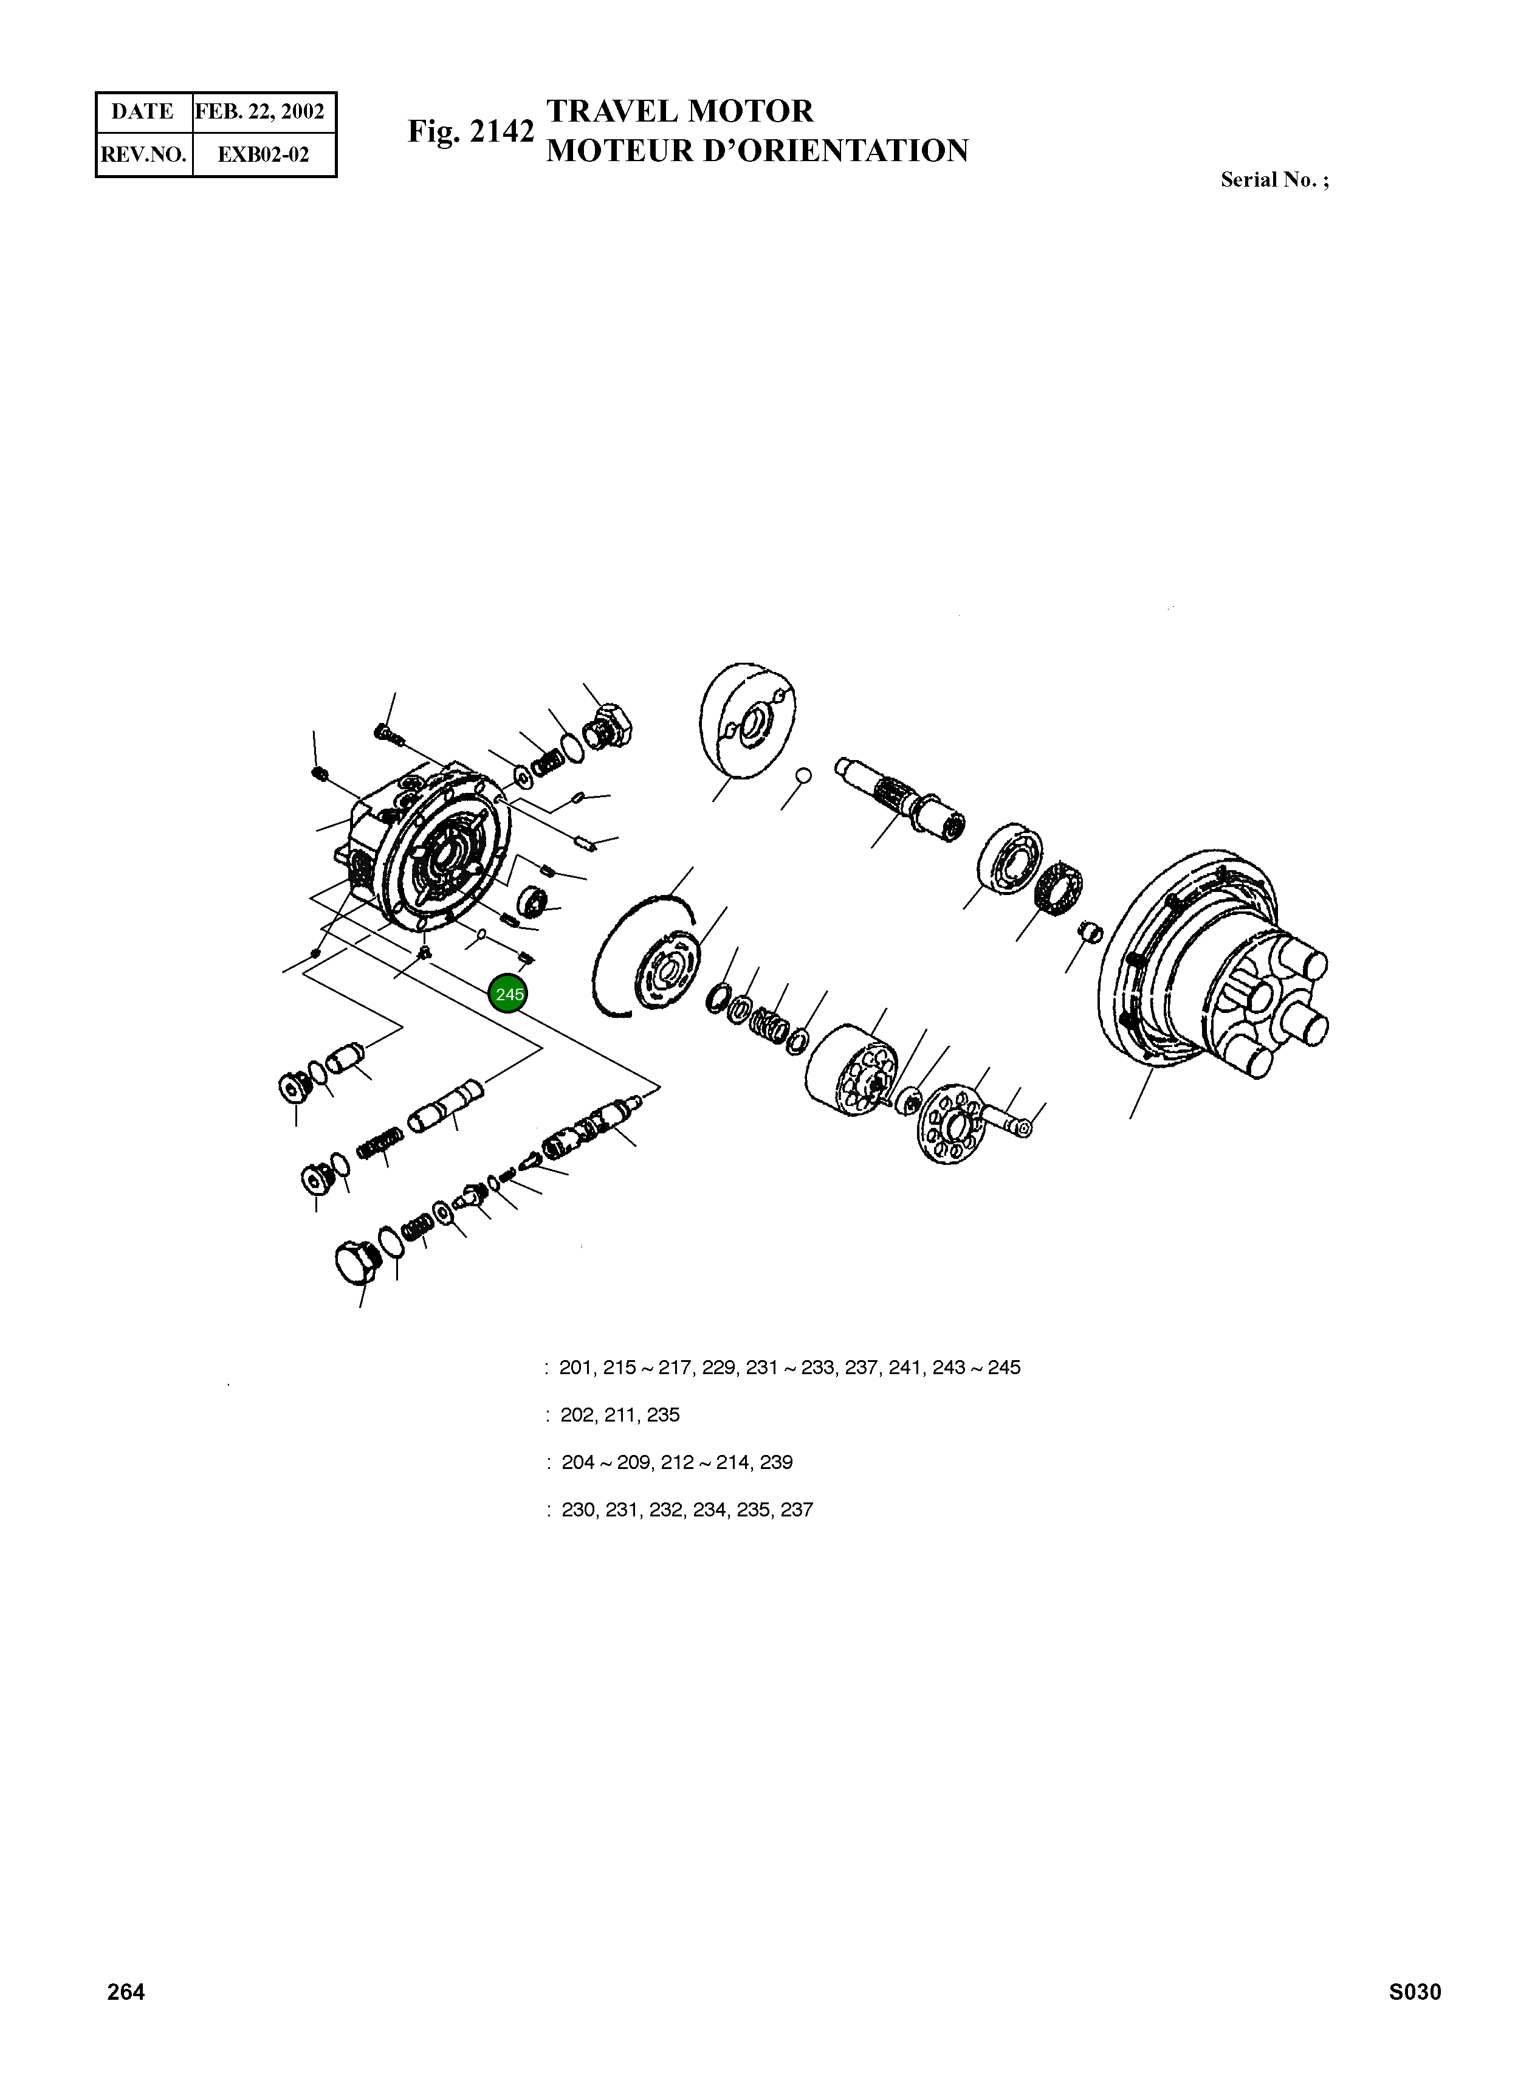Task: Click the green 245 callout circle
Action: [x=508, y=995]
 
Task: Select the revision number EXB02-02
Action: [x=263, y=154]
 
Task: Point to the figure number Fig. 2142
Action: [x=471, y=132]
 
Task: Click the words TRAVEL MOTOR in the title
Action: [x=680, y=111]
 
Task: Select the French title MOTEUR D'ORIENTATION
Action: [x=757, y=151]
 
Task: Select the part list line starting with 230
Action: [x=686, y=1509]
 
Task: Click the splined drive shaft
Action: [x=899, y=798]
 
